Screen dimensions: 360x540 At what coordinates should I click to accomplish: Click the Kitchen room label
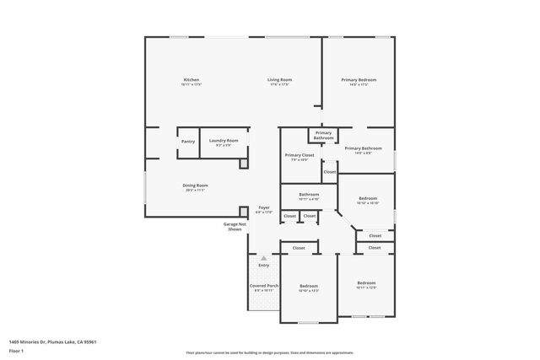(192, 79)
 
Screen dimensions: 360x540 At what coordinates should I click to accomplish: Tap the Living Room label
(279, 79)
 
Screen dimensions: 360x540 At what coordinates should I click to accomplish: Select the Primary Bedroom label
(359, 79)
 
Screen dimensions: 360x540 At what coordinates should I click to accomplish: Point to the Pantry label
(187, 141)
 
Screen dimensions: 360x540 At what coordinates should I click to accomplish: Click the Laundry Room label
(224, 140)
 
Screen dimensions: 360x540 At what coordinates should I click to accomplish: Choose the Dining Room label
(195, 185)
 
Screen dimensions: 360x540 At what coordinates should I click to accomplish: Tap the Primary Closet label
(299, 154)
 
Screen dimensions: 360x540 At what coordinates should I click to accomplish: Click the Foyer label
(264, 207)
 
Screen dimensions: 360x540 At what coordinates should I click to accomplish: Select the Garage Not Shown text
(235, 226)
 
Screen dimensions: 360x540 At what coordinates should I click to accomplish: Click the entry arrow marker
(263, 258)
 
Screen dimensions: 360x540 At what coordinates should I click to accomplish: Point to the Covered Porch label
(264, 285)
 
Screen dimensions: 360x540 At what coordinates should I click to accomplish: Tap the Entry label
(264, 265)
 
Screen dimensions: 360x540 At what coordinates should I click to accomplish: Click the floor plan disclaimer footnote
(269, 352)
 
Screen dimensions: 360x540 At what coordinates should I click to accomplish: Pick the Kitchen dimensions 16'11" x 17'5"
(192, 84)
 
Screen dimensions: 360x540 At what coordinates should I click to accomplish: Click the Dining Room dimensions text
(195, 190)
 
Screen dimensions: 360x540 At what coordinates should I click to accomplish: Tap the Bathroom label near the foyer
(309, 194)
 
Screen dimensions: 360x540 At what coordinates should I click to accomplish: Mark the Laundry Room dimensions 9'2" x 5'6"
(224, 145)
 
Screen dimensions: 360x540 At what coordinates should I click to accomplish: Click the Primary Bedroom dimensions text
(359, 84)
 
